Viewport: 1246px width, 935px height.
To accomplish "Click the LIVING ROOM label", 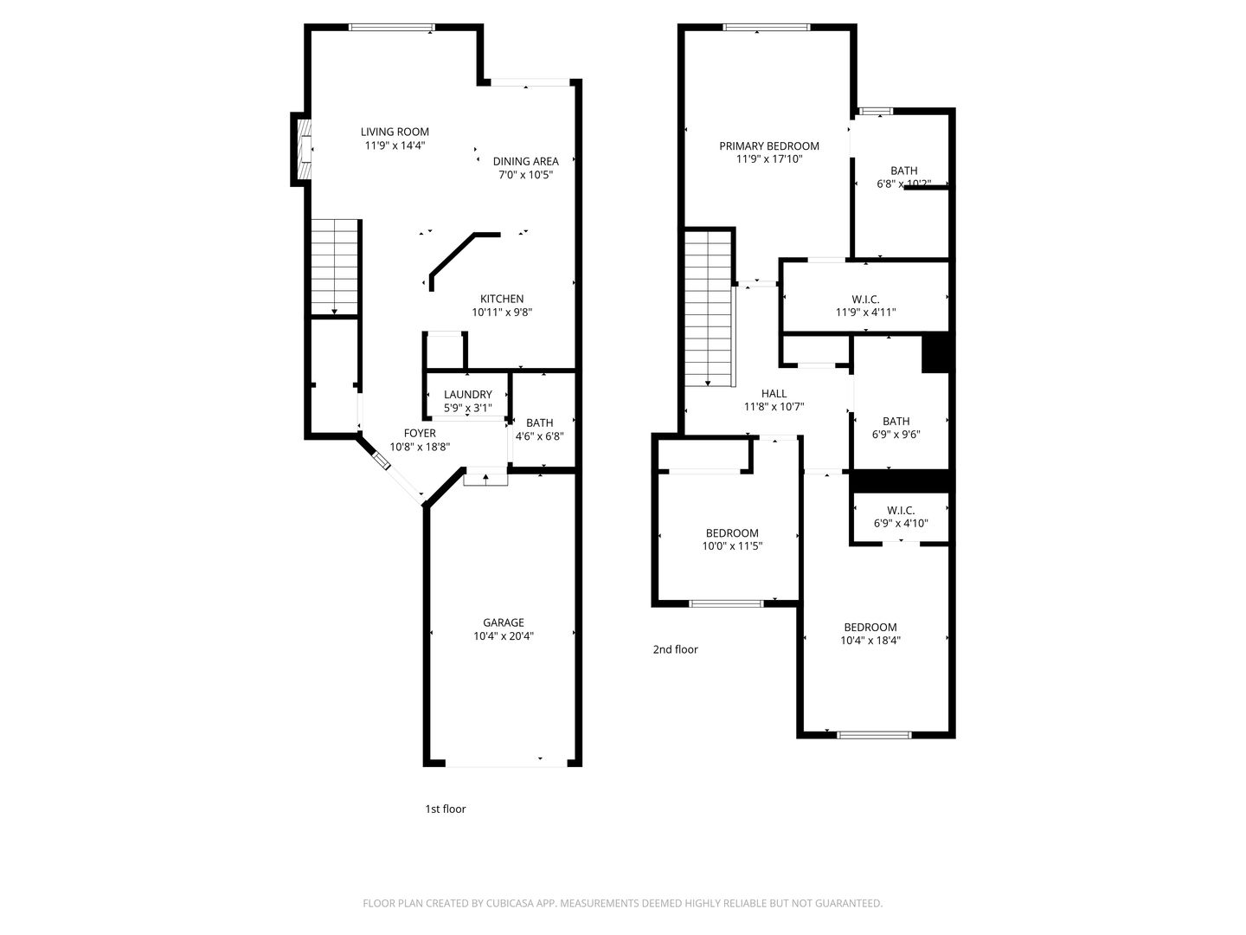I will pyautogui.click(x=395, y=132).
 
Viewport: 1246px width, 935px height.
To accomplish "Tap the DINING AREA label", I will pyautogui.click(x=525, y=161).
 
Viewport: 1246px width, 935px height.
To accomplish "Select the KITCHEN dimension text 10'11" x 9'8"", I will pyautogui.click(x=502, y=313).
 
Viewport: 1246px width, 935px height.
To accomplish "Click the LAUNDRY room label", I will pyautogui.click(x=467, y=395).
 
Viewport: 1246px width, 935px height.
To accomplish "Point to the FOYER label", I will pyautogui.click(x=420, y=433).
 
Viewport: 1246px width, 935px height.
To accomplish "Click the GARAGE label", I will pyautogui.click(x=503, y=622).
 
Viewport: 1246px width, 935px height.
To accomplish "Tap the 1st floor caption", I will pyautogui.click(x=445, y=809).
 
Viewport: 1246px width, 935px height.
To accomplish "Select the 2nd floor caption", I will pyautogui.click(x=675, y=649).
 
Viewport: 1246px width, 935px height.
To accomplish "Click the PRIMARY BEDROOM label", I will pyautogui.click(x=768, y=145).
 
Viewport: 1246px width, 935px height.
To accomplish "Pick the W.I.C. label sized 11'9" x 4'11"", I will pyautogui.click(x=864, y=300).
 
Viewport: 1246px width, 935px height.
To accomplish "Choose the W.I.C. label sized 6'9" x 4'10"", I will pyautogui.click(x=901, y=511).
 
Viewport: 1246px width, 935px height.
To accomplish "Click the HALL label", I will pyautogui.click(x=774, y=394).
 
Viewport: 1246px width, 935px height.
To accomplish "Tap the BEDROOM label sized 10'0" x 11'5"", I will pyautogui.click(x=731, y=533).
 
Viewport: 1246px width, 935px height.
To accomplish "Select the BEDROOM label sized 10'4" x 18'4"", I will pyautogui.click(x=870, y=628).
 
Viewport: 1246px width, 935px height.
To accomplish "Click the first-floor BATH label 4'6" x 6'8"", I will pyautogui.click(x=539, y=423).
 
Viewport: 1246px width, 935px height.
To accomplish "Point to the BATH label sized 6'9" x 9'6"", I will pyautogui.click(x=896, y=422).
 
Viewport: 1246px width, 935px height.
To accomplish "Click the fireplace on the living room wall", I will pyautogui.click(x=304, y=149).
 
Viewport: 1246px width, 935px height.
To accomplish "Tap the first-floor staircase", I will pyautogui.click(x=335, y=268).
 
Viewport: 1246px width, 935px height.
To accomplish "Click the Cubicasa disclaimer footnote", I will pyautogui.click(x=622, y=903).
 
